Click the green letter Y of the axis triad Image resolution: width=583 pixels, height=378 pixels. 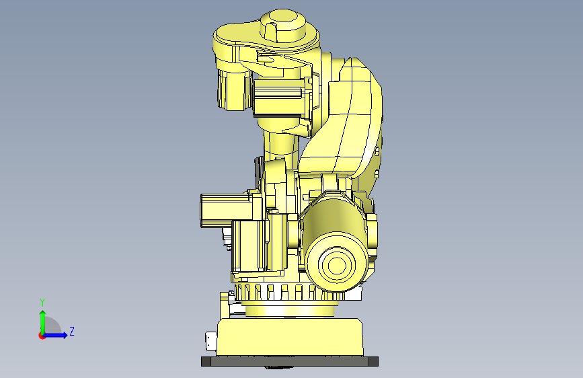pos(42,302)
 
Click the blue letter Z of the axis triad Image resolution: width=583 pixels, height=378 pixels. pos(72,331)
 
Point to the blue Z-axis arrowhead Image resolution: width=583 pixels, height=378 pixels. pos(65,335)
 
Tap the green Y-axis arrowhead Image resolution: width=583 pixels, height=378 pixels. pos(43,313)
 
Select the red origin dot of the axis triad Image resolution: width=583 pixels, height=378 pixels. pos(42,336)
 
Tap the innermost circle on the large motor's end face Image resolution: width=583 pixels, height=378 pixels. pos(336,265)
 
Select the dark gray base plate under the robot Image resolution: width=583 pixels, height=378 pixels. pos(290,361)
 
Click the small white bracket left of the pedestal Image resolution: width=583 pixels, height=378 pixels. pos(211,341)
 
